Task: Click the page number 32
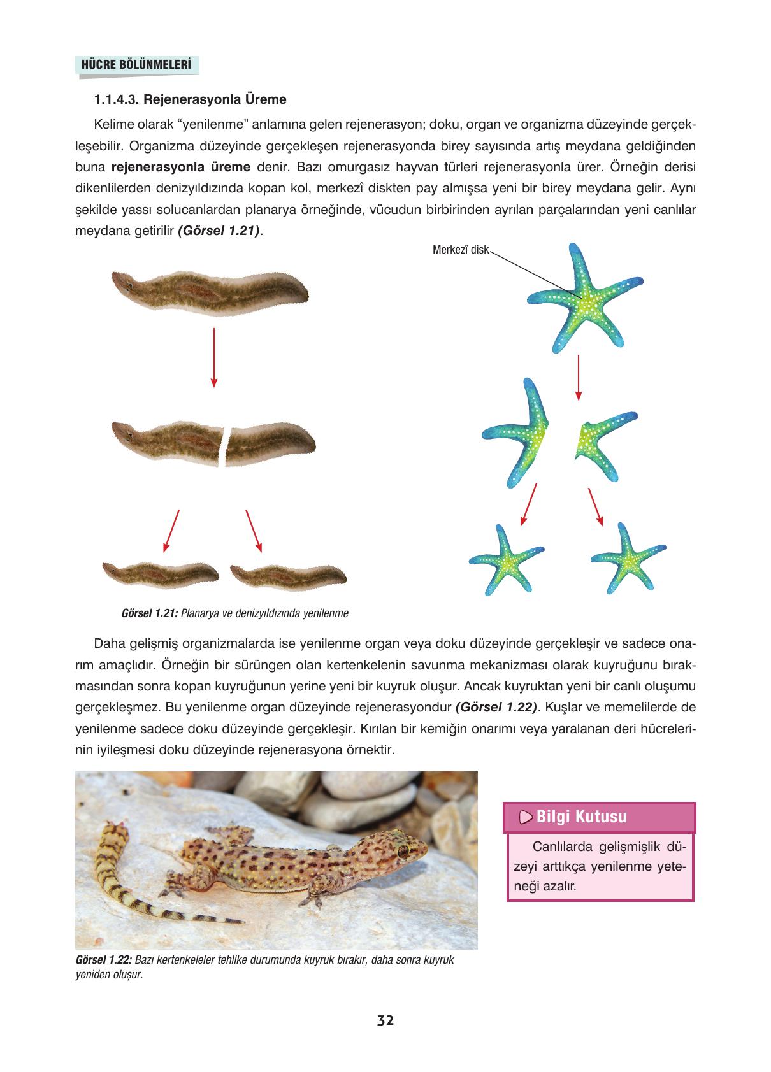385,1020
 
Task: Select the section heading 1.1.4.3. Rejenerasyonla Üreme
190,100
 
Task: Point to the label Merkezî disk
460,250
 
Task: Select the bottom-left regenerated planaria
162,574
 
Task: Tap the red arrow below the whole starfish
578,377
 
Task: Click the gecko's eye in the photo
403,850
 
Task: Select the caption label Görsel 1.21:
148,614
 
